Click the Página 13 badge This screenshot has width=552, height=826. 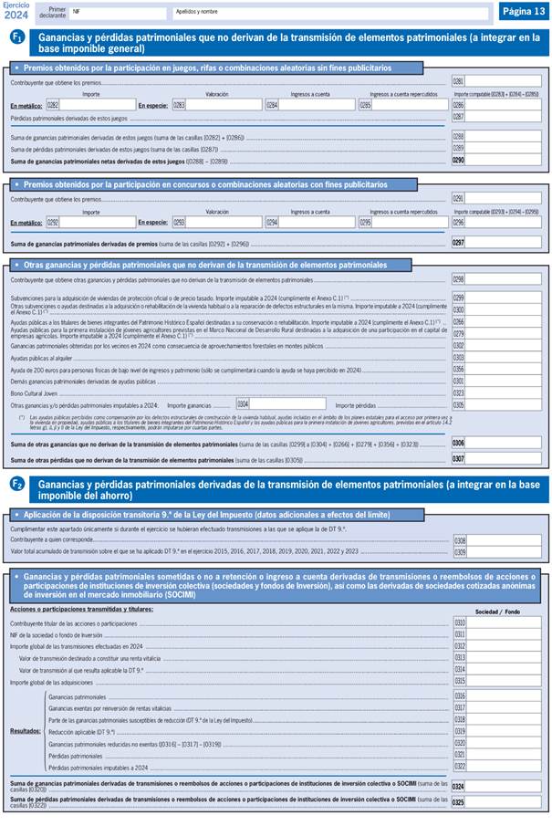[x=522, y=11]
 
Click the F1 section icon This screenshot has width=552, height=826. [x=16, y=37]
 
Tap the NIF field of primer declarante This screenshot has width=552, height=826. [x=119, y=14]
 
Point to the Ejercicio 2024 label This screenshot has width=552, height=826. [x=16, y=10]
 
